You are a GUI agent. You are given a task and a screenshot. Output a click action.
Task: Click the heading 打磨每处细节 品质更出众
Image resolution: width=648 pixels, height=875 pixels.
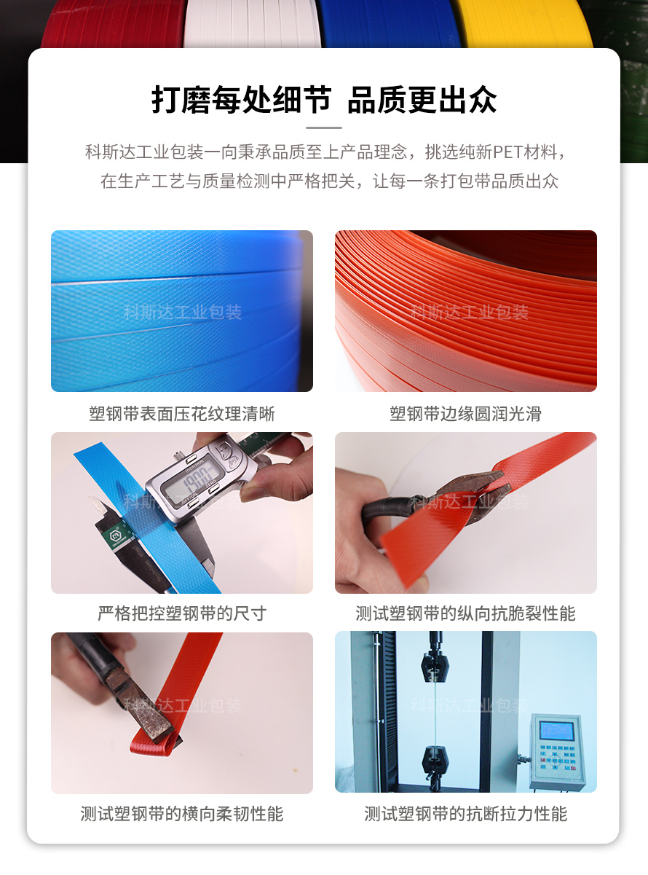pos(324,100)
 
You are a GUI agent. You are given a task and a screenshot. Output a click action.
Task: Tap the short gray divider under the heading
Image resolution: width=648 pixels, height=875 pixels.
pos(324,127)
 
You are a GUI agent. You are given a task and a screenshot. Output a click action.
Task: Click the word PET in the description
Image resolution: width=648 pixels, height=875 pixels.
pos(508,152)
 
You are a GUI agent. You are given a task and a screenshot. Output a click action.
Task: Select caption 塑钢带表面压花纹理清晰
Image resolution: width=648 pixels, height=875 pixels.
pos(182,414)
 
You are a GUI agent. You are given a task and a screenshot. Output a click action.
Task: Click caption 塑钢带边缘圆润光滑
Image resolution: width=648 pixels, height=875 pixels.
pos(466,414)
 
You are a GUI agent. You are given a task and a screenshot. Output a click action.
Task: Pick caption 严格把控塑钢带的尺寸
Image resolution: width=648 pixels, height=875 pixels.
pos(182,613)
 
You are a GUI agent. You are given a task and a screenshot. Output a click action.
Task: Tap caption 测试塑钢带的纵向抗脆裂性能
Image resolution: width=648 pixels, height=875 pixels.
pos(466,613)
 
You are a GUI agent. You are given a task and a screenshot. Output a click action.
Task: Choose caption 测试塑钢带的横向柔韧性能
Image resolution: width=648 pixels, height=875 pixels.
pos(182,814)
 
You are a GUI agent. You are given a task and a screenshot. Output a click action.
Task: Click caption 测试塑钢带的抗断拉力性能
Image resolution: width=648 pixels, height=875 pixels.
pos(466,814)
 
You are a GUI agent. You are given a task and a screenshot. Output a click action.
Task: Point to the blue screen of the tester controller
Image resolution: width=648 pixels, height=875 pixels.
pos(556,731)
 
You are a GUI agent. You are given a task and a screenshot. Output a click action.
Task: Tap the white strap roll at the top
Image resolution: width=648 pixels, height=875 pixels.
pos(253,23)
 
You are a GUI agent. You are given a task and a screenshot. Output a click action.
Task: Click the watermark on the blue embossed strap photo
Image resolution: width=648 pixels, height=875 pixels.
pos(183,313)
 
